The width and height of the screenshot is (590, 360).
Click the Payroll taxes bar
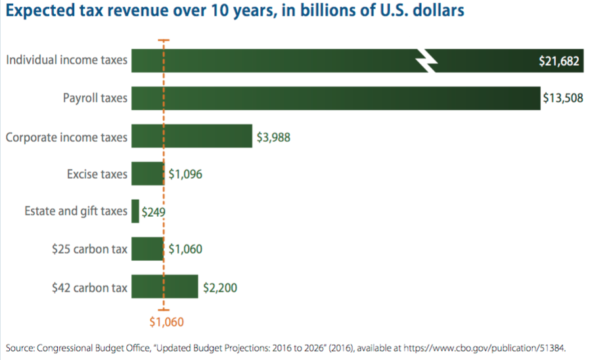335,99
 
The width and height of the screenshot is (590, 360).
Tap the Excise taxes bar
148,174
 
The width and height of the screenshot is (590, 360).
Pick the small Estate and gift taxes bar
135,212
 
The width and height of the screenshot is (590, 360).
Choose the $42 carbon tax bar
165,286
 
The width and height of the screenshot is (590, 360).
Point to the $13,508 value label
562,99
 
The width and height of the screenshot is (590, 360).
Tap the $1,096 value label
185,174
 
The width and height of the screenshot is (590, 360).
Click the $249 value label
152,212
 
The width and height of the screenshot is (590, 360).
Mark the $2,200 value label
219,286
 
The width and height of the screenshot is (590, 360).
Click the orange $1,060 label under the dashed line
166,322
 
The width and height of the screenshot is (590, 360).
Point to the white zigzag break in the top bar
427,61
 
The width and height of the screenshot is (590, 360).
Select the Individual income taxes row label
66,61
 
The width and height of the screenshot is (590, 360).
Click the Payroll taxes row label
95,99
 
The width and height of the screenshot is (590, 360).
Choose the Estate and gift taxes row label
76,212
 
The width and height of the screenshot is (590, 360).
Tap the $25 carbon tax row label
90,249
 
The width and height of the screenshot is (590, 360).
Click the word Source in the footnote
20,346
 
